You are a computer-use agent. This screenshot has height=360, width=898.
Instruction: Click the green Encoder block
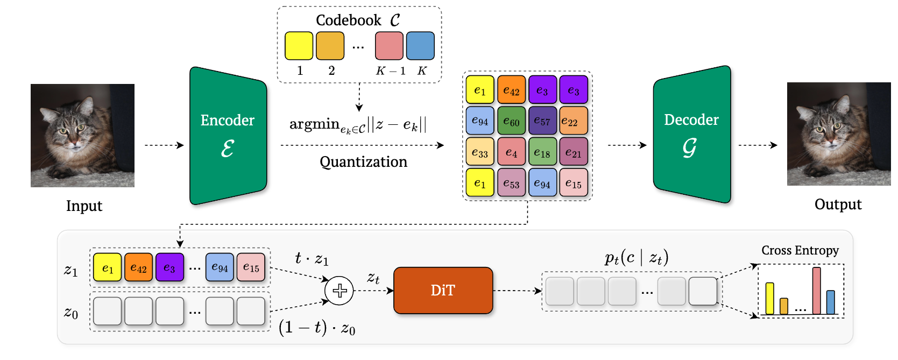click(x=228, y=136)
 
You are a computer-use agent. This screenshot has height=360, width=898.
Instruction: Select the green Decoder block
click(x=692, y=135)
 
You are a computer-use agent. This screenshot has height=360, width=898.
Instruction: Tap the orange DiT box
click(x=443, y=291)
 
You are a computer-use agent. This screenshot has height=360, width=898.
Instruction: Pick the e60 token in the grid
click(x=511, y=121)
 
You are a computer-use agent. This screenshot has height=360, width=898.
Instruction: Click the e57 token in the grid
click(x=542, y=121)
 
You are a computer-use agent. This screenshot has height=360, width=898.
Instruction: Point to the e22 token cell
click(x=573, y=121)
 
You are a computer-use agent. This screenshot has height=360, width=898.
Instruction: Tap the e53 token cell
click(x=511, y=183)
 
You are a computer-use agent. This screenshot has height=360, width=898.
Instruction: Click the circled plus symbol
click(x=340, y=291)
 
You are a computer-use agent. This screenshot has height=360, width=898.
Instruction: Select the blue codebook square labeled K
click(x=420, y=46)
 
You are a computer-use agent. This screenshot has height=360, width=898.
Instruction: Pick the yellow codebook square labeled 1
click(x=299, y=46)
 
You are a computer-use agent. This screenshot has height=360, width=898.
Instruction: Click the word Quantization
click(x=363, y=162)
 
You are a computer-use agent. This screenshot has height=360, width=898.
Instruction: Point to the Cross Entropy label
click(x=800, y=250)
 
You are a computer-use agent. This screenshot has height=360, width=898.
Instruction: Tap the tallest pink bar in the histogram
click(x=816, y=291)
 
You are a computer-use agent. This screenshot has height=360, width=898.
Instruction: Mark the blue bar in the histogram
click(x=830, y=302)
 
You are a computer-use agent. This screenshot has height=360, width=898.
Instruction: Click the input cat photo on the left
click(x=82, y=135)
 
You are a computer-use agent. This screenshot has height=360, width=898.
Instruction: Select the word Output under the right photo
click(x=838, y=204)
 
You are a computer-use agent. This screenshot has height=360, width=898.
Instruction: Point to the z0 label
click(x=71, y=313)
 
